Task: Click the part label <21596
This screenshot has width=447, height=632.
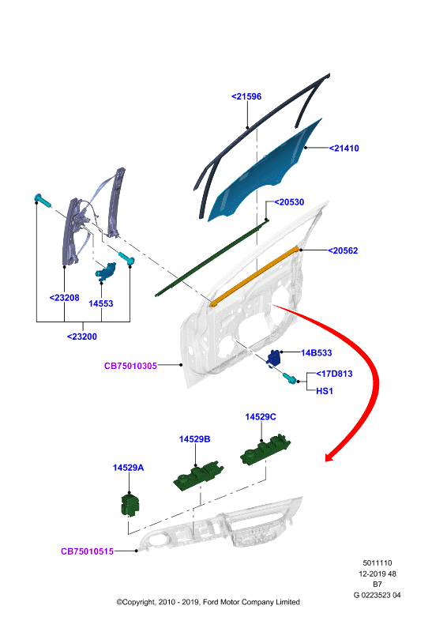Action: [246, 96]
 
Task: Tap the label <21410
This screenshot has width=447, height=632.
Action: [344, 149]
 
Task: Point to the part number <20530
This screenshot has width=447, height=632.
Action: [289, 202]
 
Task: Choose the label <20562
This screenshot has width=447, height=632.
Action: [343, 250]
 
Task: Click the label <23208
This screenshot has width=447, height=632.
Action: [64, 298]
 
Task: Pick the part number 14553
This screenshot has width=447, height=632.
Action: [101, 304]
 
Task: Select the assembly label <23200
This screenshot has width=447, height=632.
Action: [82, 337]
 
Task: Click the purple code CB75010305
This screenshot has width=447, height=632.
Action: [130, 366]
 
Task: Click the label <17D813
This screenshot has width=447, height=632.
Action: [334, 374]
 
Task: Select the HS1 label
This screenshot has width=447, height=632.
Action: [325, 391]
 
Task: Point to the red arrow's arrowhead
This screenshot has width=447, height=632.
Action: [332, 456]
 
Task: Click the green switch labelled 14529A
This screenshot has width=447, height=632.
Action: [130, 504]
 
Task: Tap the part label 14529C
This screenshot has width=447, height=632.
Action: [261, 417]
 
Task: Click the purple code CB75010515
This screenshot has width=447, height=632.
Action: [87, 551]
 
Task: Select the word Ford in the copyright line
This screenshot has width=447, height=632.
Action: [210, 602]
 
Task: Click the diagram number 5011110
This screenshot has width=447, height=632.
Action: [378, 563]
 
